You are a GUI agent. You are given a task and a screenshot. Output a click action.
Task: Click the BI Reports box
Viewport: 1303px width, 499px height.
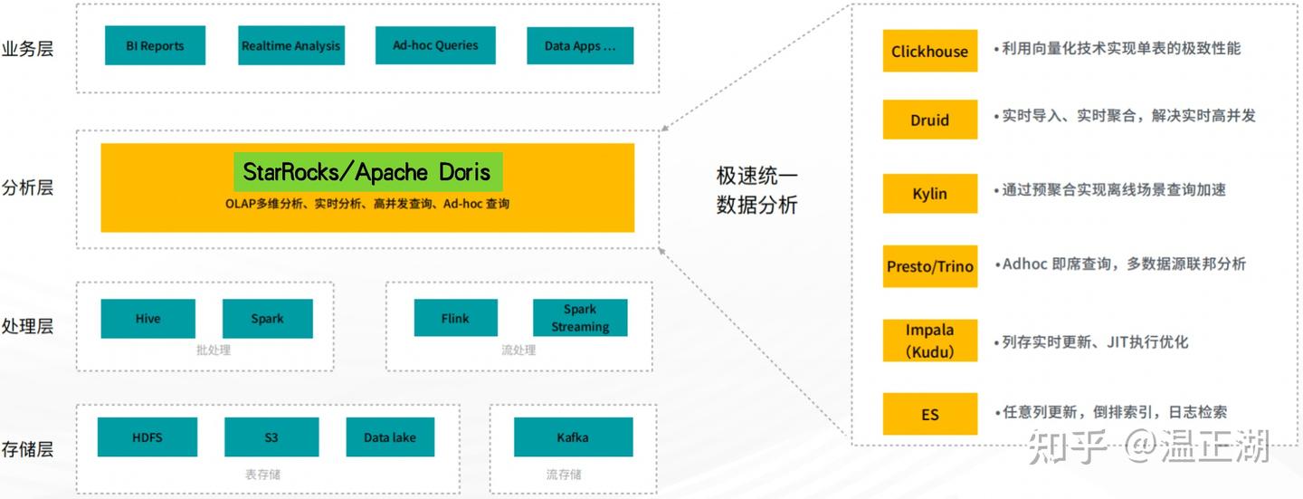155,45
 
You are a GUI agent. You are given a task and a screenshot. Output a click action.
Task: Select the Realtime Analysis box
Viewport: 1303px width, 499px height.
290,45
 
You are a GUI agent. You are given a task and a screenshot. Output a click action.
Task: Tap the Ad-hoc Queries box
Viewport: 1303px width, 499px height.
435,45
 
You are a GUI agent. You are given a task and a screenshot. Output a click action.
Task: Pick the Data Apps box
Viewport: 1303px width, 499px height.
579,45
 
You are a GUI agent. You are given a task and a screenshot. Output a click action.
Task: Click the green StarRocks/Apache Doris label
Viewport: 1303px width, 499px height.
366,172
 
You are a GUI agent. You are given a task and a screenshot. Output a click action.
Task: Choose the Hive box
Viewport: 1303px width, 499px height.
147,319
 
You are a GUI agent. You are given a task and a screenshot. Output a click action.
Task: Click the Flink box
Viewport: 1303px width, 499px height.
455,319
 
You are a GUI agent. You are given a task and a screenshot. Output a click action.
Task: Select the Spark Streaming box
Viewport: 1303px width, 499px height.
580,319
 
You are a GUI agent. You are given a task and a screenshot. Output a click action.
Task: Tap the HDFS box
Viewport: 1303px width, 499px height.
147,437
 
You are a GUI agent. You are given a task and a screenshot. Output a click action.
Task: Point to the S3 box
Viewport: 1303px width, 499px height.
271,437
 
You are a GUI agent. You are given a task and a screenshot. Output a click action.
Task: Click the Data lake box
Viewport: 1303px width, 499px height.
390,437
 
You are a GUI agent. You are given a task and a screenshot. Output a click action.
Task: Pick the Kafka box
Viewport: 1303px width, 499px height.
573,437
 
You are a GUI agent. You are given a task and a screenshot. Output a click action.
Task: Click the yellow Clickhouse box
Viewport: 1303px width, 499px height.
929,52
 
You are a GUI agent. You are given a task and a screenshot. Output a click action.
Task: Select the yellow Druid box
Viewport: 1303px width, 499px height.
929,120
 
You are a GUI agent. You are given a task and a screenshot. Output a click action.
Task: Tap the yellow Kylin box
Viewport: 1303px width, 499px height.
929,194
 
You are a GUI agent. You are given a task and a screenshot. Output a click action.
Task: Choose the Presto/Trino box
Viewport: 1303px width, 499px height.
929,266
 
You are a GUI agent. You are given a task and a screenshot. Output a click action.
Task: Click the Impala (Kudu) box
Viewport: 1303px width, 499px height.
929,341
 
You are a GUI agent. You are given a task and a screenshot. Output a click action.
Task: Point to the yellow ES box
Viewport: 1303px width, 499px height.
929,415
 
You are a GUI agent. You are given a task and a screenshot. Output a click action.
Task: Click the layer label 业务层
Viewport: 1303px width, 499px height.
28,48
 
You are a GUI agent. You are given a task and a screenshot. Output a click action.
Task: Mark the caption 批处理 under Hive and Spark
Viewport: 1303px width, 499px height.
214,350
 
